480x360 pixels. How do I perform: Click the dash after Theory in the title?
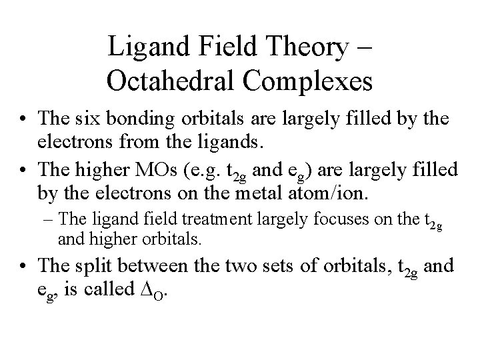[x=368, y=48]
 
